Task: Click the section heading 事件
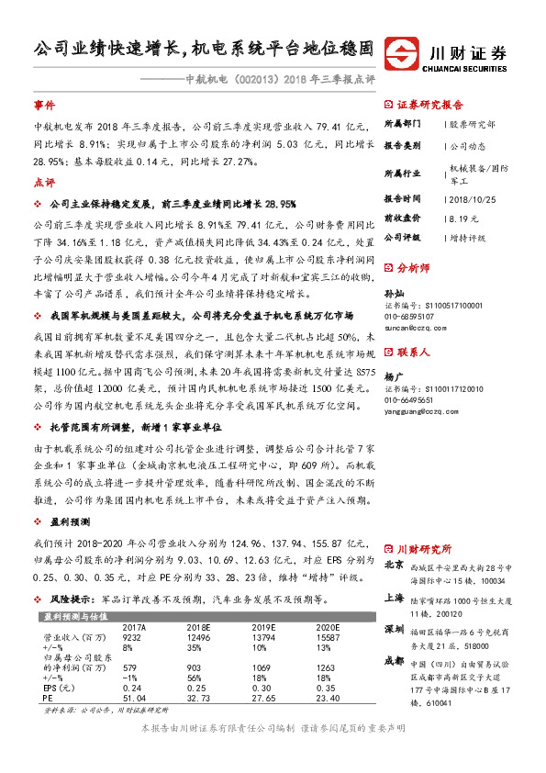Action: (44, 106)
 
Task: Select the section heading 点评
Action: (44, 182)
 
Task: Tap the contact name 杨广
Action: (392, 376)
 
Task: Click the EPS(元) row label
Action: (59, 686)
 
